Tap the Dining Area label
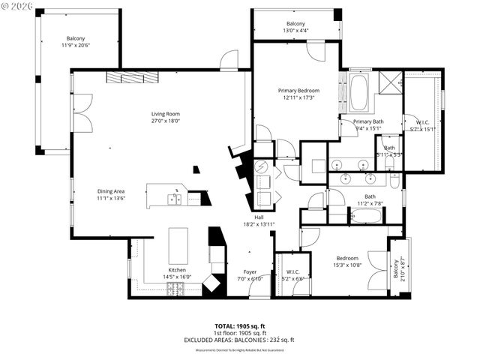(110, 191)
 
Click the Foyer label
(250, 271)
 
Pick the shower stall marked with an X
(389, 82)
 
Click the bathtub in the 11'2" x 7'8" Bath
(365, 217)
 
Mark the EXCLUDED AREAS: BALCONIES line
(239, 340)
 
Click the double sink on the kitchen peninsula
(174, 199)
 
